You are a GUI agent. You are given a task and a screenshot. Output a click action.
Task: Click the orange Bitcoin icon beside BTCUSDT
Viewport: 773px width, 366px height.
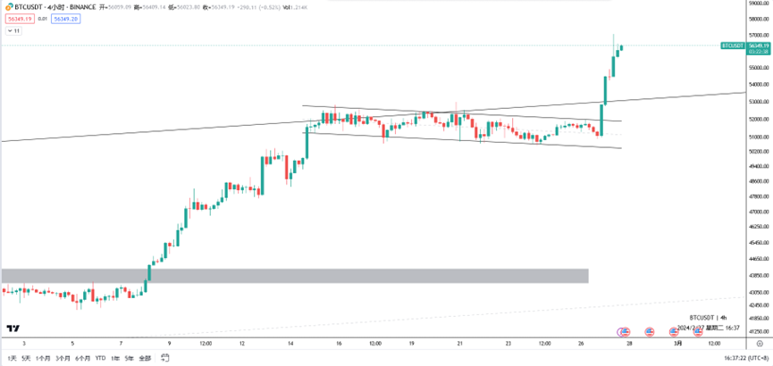pyautogui.click(x=5, y=5)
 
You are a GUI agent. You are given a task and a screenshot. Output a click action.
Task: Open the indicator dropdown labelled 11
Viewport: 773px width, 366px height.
pyautogui.click(x=14, y=30)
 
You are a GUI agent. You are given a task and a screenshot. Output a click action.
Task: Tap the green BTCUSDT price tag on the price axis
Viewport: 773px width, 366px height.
pyautogui.click(x=733, y=45)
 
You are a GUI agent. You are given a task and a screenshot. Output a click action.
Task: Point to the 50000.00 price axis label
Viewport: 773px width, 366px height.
pyautogui.click(x=760, y=152)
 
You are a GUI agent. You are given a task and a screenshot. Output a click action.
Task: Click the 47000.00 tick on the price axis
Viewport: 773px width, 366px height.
pyautogui.click(x=760, y=196)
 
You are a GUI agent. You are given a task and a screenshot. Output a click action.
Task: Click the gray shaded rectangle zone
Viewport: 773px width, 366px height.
pyautogui.click(x=295, y=275)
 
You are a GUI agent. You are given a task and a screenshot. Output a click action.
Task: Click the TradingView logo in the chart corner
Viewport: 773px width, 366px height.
pyautogui.click(x=13, y=329)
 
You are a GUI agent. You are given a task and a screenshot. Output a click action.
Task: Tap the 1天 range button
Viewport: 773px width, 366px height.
pyautogui.click(x=12, y=358)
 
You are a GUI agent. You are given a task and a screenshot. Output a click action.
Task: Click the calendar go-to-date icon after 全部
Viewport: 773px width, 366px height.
pyautogui.click(x=165, y=358)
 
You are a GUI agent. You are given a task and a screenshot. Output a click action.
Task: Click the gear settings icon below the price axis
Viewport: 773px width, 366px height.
pyautogui.click(x=759, y=343)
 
